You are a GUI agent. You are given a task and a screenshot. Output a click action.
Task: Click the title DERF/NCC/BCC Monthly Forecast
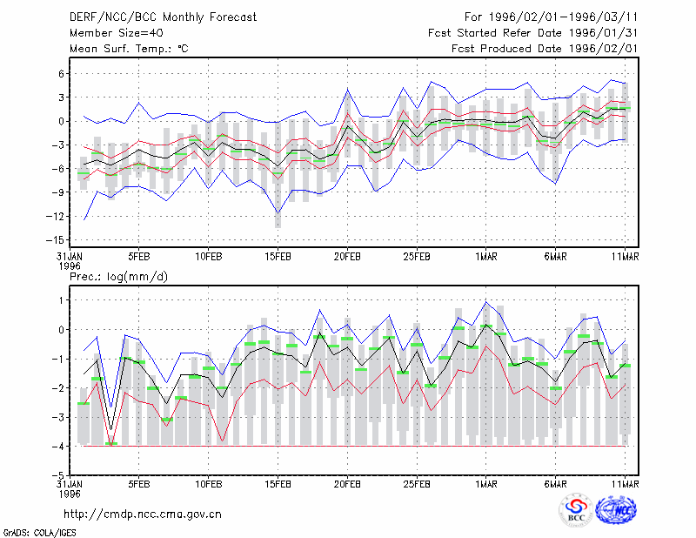pos(163,17)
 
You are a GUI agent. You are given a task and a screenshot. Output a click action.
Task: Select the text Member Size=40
pos(117,33)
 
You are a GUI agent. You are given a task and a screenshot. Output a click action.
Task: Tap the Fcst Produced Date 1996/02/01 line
pos(545,49)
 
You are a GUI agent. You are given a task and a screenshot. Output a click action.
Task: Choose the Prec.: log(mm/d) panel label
pos(118,277)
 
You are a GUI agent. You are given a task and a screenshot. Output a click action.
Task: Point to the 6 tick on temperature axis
pos(61,73)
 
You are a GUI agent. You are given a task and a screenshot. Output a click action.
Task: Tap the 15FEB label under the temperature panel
pos(278,257)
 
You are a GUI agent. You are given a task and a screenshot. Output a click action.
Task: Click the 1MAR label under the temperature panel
pos(486,257)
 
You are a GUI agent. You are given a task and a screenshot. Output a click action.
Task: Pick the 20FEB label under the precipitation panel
pos(347,484)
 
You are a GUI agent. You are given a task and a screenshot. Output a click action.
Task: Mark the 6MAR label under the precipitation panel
pos(555,484)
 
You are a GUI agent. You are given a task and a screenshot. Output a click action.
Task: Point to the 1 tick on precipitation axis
pos(61,300)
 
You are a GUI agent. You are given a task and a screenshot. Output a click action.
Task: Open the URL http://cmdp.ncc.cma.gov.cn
pos(143,514)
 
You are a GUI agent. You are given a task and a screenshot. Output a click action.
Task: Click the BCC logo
pos(576,511)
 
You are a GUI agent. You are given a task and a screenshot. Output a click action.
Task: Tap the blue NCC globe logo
pos(616,510)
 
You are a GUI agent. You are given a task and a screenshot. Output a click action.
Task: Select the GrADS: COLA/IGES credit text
pos(39,533)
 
